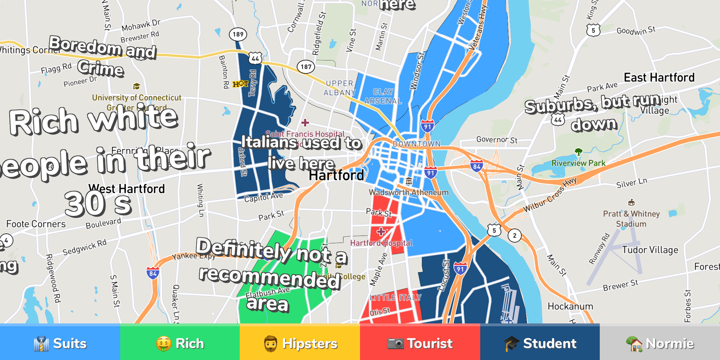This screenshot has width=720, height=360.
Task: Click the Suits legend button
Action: tap(60, 343)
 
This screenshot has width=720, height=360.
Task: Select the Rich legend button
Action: tap(180, 343)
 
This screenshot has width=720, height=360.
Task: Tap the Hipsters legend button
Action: tap(300, 343)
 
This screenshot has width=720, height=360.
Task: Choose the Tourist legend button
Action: tap(420, 343)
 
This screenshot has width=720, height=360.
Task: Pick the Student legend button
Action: tap(540, 343)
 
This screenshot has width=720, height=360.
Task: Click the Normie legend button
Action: tap(660, 343)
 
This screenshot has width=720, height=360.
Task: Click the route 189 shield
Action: tap(238, 34)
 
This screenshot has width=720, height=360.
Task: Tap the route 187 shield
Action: tap(306, 66)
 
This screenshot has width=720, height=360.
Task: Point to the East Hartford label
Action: tap(659, 78)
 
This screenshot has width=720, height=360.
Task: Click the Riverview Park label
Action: tap(578, 163)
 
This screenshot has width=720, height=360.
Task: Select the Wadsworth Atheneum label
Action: tap(409, 192)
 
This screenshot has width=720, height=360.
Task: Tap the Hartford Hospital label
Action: tap(381, 243)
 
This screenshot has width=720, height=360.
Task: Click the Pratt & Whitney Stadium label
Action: tap(631, 219)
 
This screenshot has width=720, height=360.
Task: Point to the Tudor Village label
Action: tap(650, 250)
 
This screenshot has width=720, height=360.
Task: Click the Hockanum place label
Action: tap(570, 307)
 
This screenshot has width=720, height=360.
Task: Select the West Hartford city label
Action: tap(127, 189)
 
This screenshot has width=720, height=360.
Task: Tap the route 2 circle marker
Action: tap(515, 236)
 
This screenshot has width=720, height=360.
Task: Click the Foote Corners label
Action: tap(36, 224)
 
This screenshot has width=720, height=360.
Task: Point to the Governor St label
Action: tap(497, 140)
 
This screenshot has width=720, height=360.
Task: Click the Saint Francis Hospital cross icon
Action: tap(305, 122)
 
